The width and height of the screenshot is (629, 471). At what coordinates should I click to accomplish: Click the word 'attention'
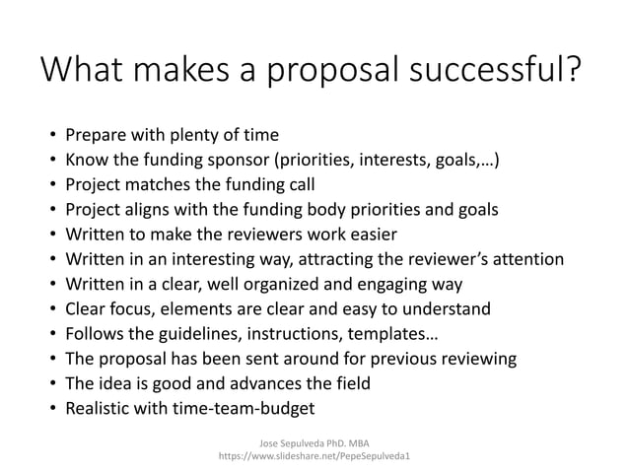click(528, 260)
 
